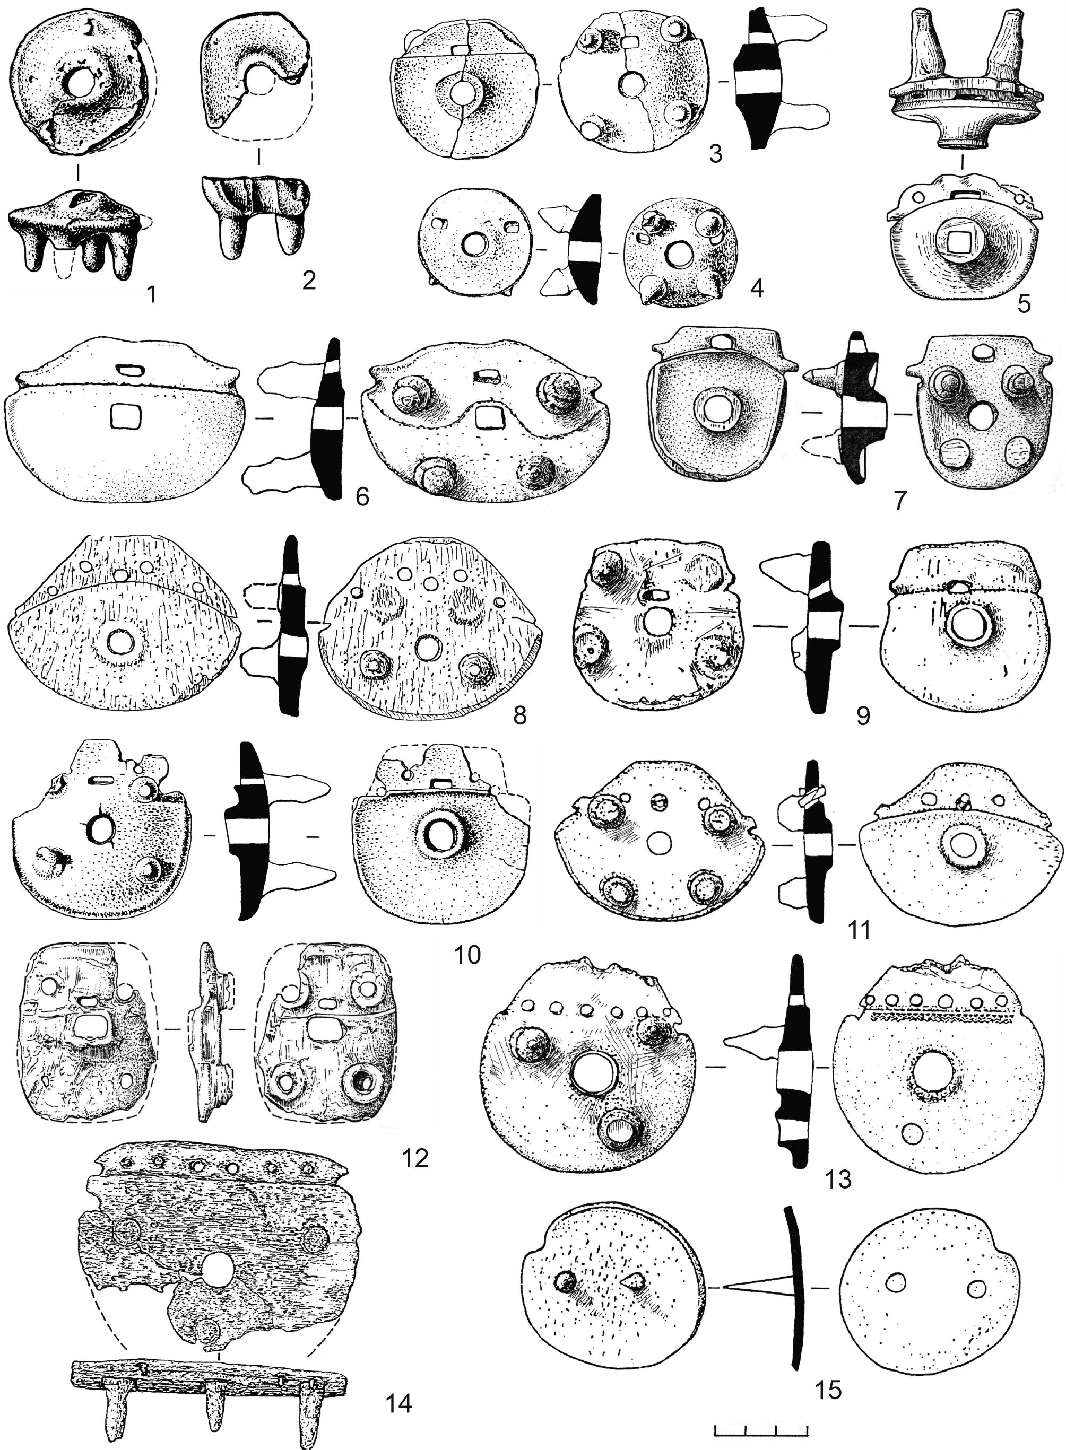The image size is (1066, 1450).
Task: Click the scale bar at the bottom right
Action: point(762,1431)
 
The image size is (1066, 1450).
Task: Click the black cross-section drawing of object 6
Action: point(328,420)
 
